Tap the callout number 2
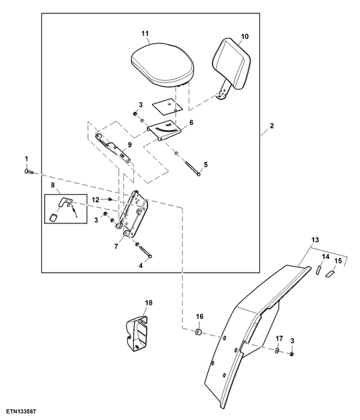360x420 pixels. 271,125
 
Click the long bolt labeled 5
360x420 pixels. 192,168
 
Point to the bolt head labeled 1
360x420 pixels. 28,171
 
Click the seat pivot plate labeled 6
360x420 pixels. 164,131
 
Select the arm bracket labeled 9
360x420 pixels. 114,148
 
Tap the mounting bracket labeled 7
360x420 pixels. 133,213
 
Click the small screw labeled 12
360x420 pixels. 110,199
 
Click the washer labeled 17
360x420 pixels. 277,351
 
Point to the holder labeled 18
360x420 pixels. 137,333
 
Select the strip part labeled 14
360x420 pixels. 318,269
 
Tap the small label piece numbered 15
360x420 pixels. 329,274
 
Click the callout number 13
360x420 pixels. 315,239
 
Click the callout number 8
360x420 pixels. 53,185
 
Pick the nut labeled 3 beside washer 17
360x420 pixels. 292,354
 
